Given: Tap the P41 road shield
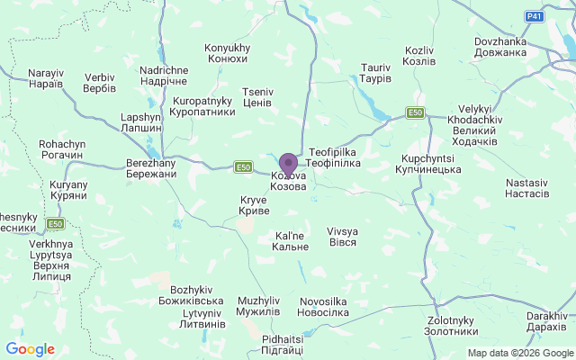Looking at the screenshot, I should (x=535, y=16).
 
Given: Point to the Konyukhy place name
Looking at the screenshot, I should (x=227, y=53).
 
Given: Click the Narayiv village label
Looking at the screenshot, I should (x=46, y=77).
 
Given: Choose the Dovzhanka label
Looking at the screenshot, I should (x=512, y=46).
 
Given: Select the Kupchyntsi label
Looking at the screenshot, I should (x=428, y=163).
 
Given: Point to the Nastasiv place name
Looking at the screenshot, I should (x=526, y=187).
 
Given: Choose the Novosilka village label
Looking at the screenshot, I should (x=324, y=306).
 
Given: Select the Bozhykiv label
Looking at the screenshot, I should (x=196, y=294).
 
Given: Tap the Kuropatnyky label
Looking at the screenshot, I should (x=203, y=106).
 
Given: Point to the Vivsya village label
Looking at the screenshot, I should (x=342, y=237).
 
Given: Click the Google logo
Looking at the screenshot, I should (x=30, y=349).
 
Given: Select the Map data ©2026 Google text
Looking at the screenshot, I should (x=519, y=353).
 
